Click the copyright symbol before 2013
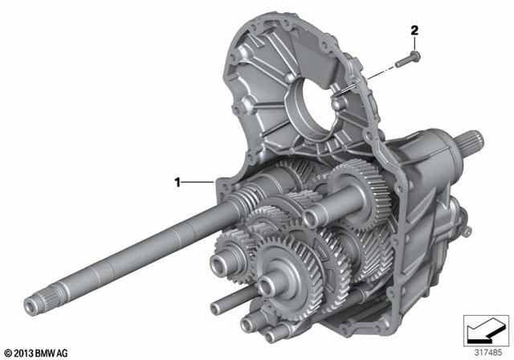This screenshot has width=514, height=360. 7,352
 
